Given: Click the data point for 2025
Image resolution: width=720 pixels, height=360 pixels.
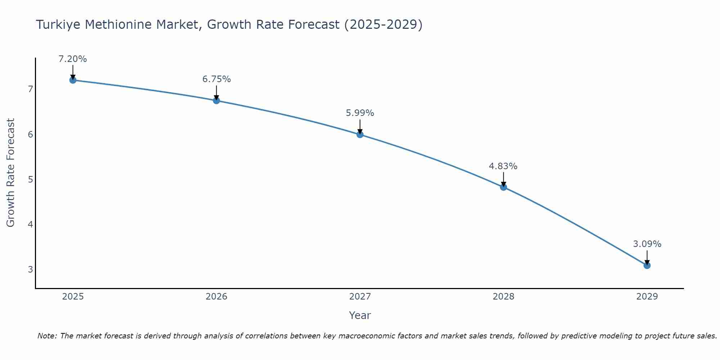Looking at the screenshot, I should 73,80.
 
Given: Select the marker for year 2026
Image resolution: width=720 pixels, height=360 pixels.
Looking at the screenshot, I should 216,100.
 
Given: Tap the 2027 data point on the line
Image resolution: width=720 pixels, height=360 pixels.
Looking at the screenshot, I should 360,135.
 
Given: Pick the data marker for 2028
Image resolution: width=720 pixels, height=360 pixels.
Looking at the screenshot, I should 503,187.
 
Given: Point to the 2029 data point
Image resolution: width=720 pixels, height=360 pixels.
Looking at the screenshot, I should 647,265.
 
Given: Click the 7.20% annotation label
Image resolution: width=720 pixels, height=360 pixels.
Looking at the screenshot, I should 73,59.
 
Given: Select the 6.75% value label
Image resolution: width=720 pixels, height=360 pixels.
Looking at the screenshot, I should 216,79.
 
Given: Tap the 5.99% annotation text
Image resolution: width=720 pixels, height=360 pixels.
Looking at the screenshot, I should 360,113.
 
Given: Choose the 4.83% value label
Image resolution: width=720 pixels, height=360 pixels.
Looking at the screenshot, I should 503,166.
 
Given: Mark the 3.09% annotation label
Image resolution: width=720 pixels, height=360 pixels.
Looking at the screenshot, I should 647,244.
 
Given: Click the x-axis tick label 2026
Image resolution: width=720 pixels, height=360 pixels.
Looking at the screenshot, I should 216,297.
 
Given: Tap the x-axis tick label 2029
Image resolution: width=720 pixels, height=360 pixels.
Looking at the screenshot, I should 647,297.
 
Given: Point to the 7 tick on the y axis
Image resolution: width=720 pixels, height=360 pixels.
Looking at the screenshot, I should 30,89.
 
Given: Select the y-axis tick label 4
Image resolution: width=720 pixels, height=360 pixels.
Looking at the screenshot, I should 30,224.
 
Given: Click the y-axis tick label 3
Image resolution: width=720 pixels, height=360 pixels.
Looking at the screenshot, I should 30,269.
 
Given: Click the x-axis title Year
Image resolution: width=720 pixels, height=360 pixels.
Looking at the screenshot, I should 360,315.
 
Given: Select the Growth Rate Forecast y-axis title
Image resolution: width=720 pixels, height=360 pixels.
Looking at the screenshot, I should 10,173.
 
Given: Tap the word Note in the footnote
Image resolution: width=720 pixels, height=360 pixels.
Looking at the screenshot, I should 47,336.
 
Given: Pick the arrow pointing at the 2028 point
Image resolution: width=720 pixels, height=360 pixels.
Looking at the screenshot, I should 503,179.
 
